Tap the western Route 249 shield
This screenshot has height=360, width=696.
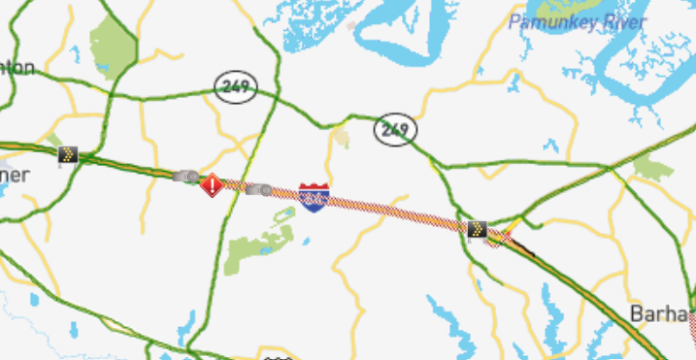coord(236,86)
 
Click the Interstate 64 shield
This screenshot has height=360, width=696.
coord(314,197)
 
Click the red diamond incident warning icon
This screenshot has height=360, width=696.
coord(212,185)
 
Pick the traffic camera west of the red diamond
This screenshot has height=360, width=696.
coord(186,177)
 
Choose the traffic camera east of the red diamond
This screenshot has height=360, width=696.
coord(260,189)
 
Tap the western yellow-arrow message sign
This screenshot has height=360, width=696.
coord(67,154)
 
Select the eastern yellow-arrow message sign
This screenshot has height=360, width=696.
coord(477,229)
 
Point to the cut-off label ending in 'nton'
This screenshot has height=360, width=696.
coord(17,68)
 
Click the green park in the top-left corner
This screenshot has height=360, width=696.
coord(115,44)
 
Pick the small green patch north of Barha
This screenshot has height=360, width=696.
coord(652,168)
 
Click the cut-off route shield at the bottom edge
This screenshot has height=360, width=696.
coord(278,356)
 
